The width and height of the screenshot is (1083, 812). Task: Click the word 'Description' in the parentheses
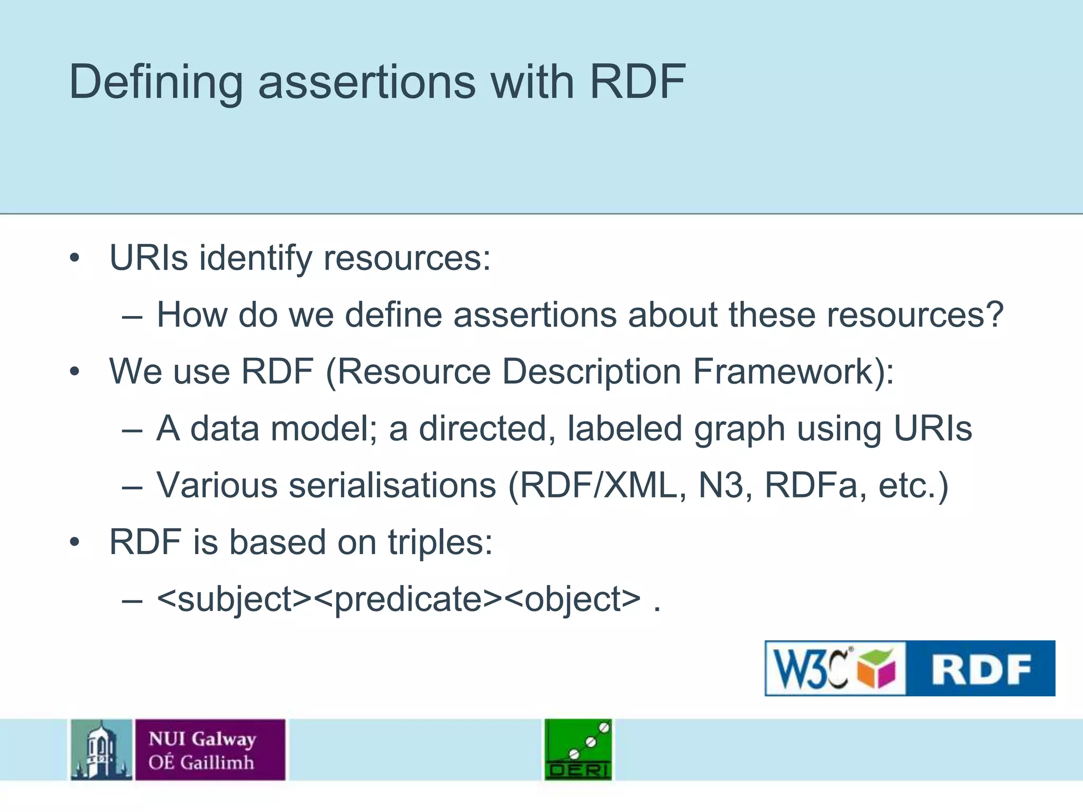(591, 372)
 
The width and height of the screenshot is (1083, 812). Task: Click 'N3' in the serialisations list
(721, 485)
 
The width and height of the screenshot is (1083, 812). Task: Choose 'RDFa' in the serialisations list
(811, 485)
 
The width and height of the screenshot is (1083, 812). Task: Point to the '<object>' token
(572, 599)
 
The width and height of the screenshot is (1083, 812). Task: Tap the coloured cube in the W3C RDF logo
(877, 669)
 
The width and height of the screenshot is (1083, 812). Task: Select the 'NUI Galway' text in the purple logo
(202, 739)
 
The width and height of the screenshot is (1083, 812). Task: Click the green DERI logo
(578, 750)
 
